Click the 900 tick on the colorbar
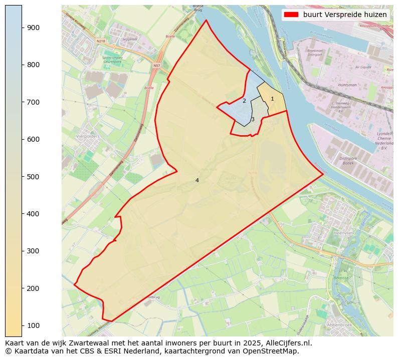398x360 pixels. pos(22,28)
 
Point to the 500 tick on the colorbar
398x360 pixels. pos(22,177)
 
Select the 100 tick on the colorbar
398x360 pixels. pos(22,325)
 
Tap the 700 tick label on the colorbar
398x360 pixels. pos(33,102)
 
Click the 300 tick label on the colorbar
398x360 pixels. pos(33,251)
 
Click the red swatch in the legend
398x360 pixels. pos(291,15)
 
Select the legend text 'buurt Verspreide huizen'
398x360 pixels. pos(345,15)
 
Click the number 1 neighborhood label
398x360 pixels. pos(272,99)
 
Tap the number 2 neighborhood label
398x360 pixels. pos(244,101)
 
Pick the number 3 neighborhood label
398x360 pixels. pos(253,120)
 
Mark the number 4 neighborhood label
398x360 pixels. pos(197,180)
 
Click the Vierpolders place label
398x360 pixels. pos(88,136)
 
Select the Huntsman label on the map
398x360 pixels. pos(347,85)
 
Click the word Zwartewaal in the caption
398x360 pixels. pos(84,343)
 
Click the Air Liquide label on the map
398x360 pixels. pos(364,67)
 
